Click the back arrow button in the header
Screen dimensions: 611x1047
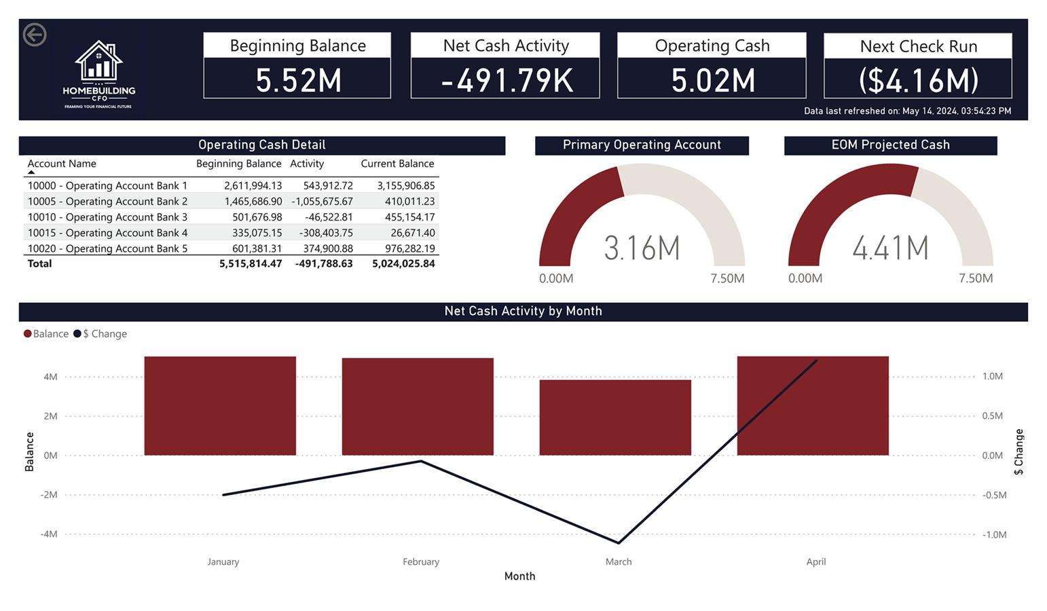[35, 35]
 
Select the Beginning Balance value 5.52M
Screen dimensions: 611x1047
[297, 80]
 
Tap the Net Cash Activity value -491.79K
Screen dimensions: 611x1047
[506, 80]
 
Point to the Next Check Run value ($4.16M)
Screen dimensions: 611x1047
[918, 80]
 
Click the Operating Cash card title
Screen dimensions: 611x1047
[712, 45]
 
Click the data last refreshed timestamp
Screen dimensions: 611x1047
[907, 111]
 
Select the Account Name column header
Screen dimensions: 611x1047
[62, 164]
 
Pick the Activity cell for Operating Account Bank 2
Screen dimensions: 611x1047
[322, 202]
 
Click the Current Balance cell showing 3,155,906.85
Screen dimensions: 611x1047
[405, 185]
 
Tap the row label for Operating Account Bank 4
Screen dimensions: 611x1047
[107, 233]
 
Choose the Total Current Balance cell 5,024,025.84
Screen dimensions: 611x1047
[403, 263]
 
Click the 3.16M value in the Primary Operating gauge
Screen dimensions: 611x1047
[642, 248]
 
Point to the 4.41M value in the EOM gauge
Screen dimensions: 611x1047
[890, 248]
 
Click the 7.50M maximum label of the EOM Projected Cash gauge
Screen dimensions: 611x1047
[976, 278]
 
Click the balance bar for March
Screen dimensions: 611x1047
[615, 417]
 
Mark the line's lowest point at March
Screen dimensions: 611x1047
[619, 542]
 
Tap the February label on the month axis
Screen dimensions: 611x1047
[421, 561]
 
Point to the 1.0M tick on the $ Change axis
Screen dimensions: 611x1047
[992, 376]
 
